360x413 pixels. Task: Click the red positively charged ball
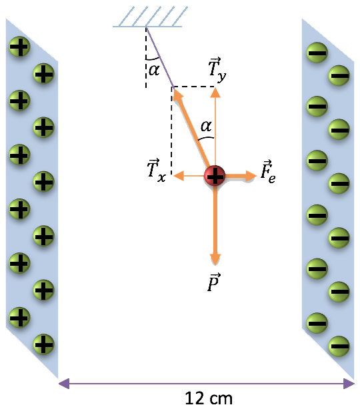pos(215,176)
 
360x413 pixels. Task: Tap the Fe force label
pos(268,171)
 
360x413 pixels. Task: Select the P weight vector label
pos(214,282)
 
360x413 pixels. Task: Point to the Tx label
pos(157,171)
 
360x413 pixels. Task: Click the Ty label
pos(217,70)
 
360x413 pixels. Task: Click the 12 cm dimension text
pos(209,398)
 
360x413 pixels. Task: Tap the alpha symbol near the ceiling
pos(154,70)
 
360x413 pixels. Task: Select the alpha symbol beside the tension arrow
pos(206,126)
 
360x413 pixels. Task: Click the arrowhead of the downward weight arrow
pos(215,259)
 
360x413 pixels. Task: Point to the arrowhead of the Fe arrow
pos(251,176)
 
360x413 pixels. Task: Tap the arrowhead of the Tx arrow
pos(179,176)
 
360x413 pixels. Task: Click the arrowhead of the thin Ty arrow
pos(215,93)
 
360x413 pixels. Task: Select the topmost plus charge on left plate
pos(19,47)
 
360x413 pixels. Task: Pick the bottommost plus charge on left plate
pos(43,344)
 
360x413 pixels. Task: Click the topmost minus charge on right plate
pos(317,53)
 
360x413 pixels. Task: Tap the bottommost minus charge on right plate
pos(339,346)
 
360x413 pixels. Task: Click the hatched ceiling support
pos(150,17)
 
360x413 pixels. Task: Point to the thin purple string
pos(160,57)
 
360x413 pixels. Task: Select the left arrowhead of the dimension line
pos(64,384)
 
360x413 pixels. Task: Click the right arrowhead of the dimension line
pos(349,384)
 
